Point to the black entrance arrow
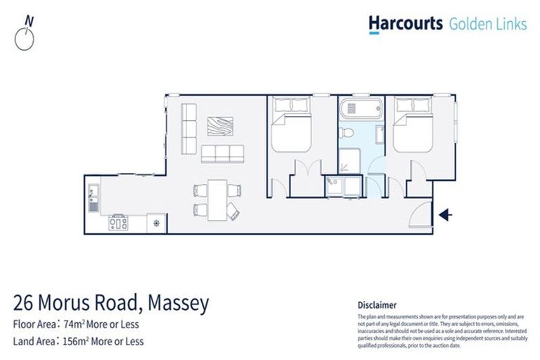pyautogui.click(x=446, y=214)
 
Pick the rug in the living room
pyautogui.click(x=222, y=127)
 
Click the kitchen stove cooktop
pyautogui.click(x=118, y=223)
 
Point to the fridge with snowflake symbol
pyautogui.click(x=155, y=224)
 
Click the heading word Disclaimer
pyautogui.click(x=377, y=305)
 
